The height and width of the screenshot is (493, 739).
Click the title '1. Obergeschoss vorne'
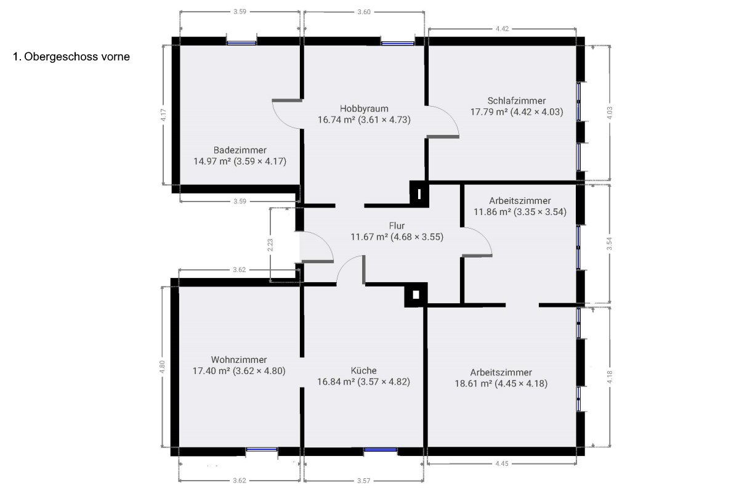pos(71,57)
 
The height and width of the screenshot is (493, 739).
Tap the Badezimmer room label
pos(240,150)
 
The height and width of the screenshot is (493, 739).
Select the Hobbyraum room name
pos(364,108)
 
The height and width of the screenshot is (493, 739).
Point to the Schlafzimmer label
pos(517,100)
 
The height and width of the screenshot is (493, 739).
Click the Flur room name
pos(397,226)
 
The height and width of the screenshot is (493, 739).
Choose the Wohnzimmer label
pos(239,360)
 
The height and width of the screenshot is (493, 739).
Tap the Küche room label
pos(363,370)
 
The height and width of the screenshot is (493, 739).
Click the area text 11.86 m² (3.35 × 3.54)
pos(520,212)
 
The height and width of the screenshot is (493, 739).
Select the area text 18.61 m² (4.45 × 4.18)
pos(501,384)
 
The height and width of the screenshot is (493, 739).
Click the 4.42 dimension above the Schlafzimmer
pos(502,29)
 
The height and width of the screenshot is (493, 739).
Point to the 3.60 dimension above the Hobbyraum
pos(364,12)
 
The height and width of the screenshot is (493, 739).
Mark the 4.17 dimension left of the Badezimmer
pos(164,115)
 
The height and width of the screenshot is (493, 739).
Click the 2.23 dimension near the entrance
pos(270,245)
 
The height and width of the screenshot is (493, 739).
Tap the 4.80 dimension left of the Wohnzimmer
pos(162,367)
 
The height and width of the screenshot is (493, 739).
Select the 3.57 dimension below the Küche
pos(363,481)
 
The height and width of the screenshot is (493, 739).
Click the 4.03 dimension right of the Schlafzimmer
pos(609,113)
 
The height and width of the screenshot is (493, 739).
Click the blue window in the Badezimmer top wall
pos(241,43)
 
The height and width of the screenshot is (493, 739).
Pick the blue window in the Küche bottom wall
pos(381,450)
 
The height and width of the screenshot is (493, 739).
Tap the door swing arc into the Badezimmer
pos(281,120)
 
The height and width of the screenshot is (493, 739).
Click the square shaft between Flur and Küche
pos(416,295)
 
